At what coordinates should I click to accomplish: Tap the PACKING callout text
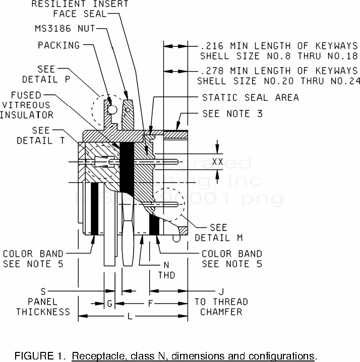58,45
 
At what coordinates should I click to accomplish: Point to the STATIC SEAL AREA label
250,97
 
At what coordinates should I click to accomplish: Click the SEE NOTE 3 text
232,113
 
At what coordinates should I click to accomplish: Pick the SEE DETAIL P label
46,74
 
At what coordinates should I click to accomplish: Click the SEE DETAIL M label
219,232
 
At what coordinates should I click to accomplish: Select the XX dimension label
217,161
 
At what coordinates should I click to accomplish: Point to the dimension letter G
110,304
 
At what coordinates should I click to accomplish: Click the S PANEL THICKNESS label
43,301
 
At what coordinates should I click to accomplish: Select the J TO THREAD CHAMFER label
221,301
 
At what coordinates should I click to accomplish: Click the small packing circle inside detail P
112,109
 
